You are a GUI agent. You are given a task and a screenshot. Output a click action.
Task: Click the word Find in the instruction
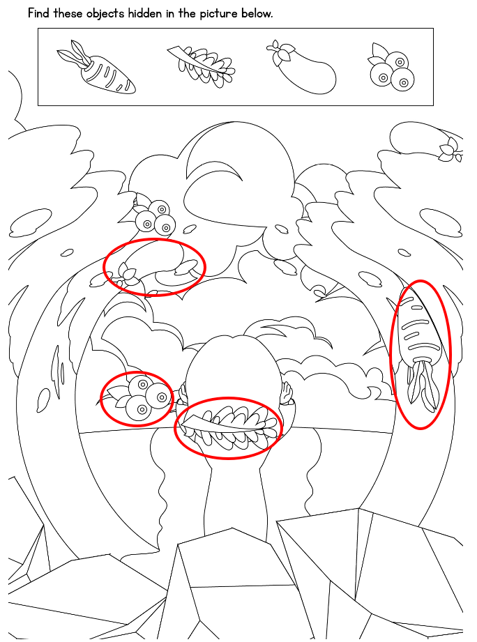coord(38,13)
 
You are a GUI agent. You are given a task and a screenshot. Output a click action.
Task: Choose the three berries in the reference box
coord(391,67)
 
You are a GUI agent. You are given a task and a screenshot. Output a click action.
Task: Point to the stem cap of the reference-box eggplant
coord(280,52)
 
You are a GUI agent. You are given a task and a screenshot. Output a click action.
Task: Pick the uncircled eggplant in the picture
coord(426,142)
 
